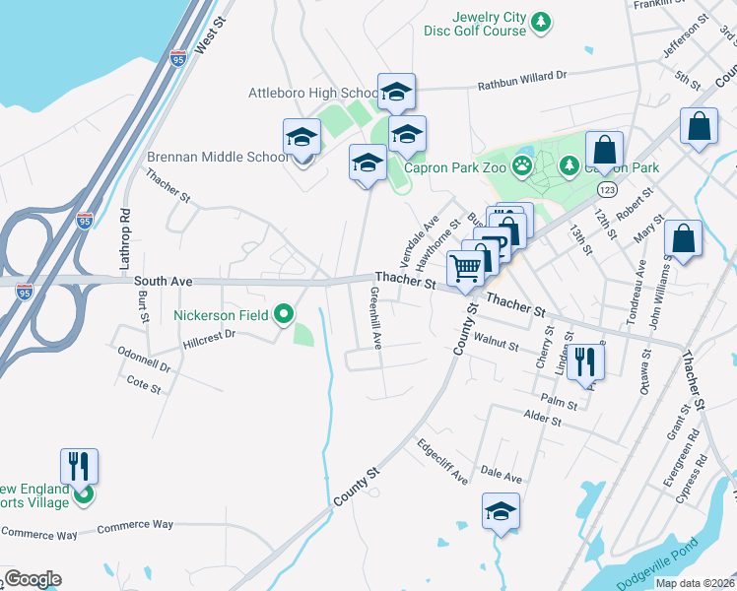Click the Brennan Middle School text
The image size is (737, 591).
coord(218,157)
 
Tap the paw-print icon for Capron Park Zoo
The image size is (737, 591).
coord(520,167)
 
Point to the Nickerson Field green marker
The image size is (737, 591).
coord(284,315)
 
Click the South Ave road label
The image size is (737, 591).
coord(163,281)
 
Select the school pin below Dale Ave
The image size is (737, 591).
coord(501,511)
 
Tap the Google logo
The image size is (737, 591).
coord(32,579)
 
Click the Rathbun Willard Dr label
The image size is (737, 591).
coord(523,75)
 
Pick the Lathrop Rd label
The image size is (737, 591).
coord(125,240)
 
